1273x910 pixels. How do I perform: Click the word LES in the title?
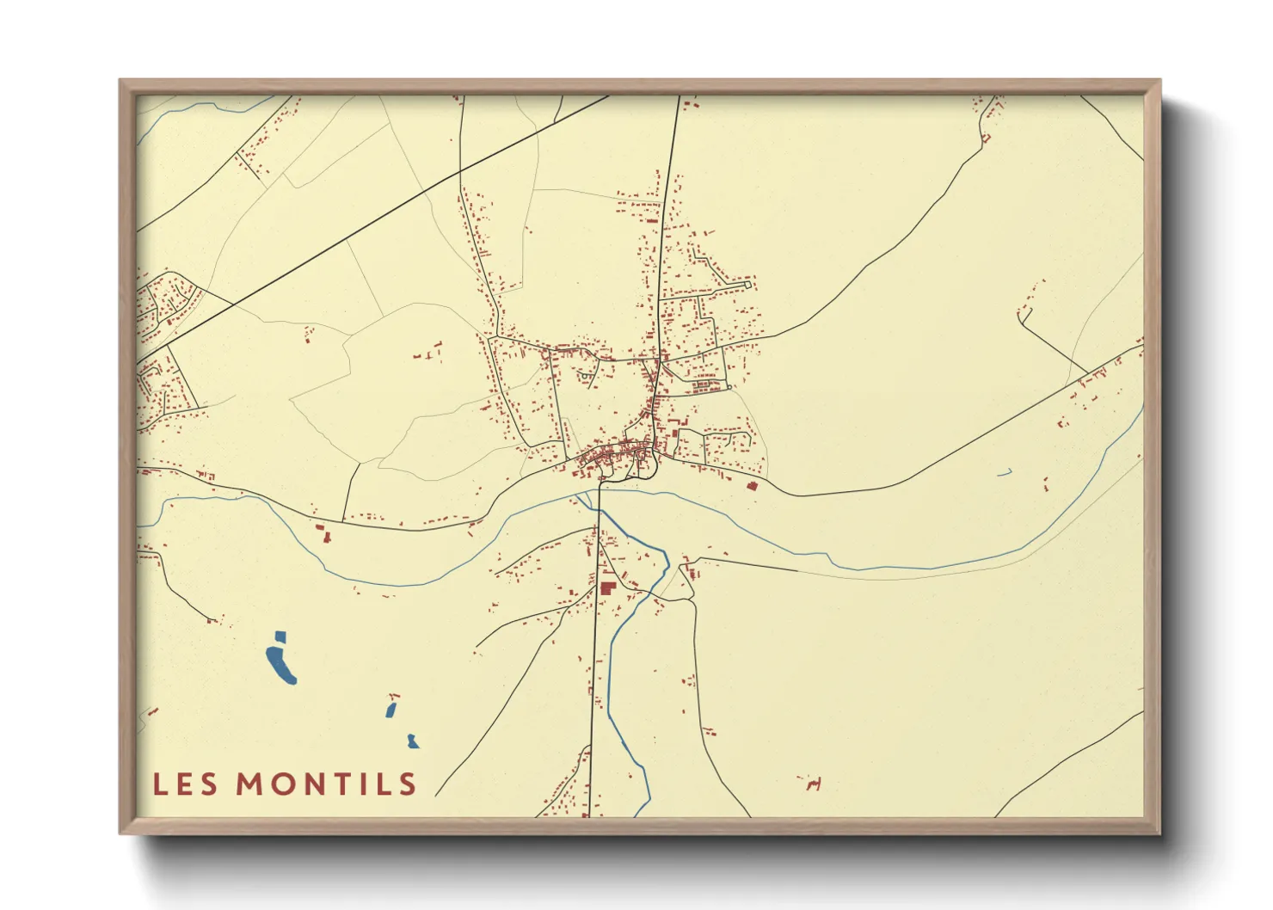pyautogui.click(x=185, y=784)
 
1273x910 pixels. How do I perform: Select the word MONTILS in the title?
pyautogui.click(x=327, y=784)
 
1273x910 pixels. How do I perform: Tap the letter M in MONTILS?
pyautogui.click(x=250, y=784)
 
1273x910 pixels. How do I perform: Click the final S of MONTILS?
pyautogui.click(x=407, y=784)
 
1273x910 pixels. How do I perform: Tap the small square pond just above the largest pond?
pyautogui.click(x=279, y=637)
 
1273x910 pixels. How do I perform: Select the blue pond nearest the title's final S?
pyautogui.click(x=413, y=741)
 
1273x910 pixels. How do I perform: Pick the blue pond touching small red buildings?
pyautogui.click(x=391, y=710)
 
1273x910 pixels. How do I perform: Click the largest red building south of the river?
pyautogui.click(x=608, y=588)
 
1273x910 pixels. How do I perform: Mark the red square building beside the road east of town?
pyautogui.click(x=752, y=486)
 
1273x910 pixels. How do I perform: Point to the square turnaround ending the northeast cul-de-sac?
pyautogui.click(x=748, y=284)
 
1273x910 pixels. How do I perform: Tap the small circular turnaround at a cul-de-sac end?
pyautogui.click(x=729, y=387)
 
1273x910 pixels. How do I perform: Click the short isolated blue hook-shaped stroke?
pyautogui.click(x=1004, y=472)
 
